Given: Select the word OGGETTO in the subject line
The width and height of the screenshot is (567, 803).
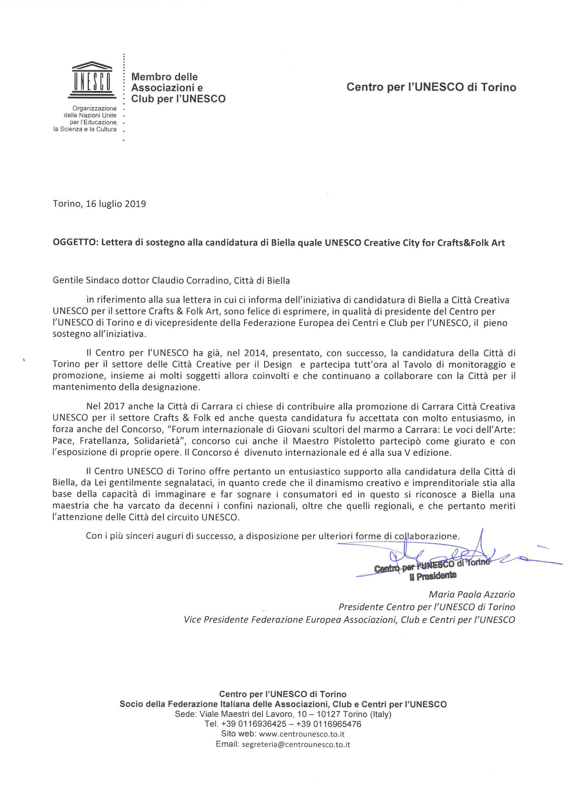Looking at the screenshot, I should [x=74, y=243].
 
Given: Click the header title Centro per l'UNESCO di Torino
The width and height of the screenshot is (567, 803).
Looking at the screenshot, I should [x=431, y=87].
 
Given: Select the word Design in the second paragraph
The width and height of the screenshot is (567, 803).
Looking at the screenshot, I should [x=277, y=364].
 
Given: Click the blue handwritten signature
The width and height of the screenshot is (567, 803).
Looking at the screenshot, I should [x=454, y=556].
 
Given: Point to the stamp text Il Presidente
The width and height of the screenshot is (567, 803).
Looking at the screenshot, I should [x=433, y=576].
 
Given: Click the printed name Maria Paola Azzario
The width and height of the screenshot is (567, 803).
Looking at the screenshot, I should [x=472, y=594].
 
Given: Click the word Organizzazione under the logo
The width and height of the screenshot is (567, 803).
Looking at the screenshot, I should [x=94, y=109].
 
